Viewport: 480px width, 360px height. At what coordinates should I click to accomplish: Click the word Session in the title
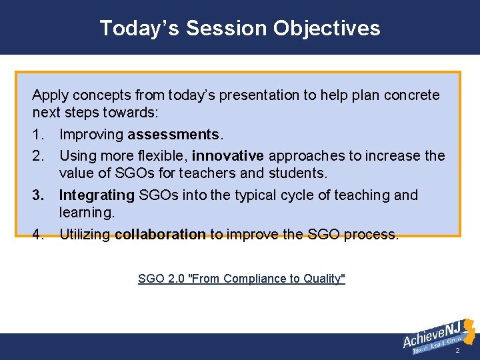coord(227,28)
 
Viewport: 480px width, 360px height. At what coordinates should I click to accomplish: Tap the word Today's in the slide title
coord(139,28)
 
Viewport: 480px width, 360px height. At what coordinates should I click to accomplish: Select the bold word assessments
coord(173,135)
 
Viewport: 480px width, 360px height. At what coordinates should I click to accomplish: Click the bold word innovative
coord(228,156)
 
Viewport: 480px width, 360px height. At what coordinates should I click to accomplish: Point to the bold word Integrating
coord(97,195)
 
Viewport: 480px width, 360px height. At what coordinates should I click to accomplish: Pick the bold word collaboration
coord(160,235)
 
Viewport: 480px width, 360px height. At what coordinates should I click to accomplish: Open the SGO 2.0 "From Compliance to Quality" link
coord(241,279)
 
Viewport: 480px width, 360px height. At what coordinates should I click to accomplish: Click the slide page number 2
coord(457,351)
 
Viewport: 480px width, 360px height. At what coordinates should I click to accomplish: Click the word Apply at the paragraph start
coord(50,95)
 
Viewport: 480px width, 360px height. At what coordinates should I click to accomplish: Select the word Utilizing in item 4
coord(85,235)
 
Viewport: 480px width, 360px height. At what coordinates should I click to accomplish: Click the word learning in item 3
coord(86,213)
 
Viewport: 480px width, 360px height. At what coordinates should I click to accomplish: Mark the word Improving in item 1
coord(91,135)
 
